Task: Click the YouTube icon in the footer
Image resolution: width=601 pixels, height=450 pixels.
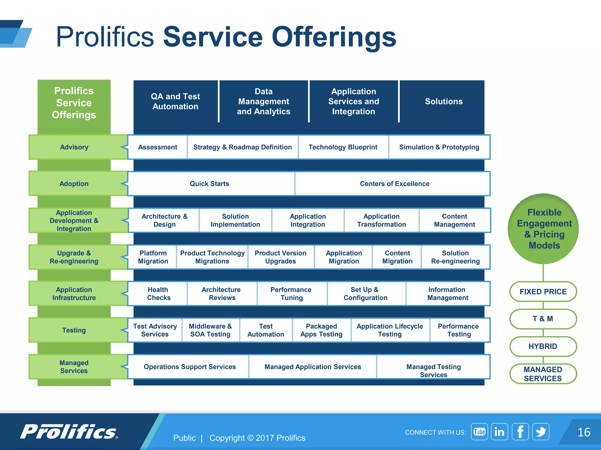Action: click(x=479, y=432)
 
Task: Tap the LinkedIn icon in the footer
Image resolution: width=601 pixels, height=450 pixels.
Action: click(x=499, y=432)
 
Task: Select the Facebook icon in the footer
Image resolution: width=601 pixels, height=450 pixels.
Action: click(x=520, y=432)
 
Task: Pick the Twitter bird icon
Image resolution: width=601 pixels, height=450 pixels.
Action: click(x=541, y=432)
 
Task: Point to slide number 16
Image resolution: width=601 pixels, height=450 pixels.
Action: click(x=583, y=432)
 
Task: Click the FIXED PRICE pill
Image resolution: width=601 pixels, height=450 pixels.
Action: click(x=543, y=292)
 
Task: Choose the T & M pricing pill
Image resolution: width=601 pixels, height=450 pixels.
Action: click(x=543, y=319)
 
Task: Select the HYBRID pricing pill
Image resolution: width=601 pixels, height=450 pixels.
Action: click(x=543, y=346)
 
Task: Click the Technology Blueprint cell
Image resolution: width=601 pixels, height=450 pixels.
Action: click(x=343, y=147)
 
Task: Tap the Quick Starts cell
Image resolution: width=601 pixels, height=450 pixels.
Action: click(x=210, y=184)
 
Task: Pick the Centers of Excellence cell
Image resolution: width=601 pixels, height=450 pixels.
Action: click(x=394, y=184)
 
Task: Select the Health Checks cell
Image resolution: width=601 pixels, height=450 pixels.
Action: click(x=158, y=294)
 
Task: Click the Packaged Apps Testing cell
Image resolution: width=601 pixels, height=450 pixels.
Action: click(x=321, y=330)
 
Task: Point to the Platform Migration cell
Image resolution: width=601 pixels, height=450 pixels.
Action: click(x=153, y=257)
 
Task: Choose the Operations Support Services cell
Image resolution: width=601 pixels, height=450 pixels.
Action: click(x=190, y=367)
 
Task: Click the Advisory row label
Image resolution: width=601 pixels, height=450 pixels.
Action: click(x=74, y=147)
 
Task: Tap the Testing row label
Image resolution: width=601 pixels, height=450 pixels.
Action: click(x=74, y=330)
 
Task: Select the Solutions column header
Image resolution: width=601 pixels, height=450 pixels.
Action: click(x=443, y=101)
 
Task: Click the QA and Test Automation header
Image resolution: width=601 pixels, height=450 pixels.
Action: click(x=175, y=101)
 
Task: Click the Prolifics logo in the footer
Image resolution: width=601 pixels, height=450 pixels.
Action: click(x=69, y=432)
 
